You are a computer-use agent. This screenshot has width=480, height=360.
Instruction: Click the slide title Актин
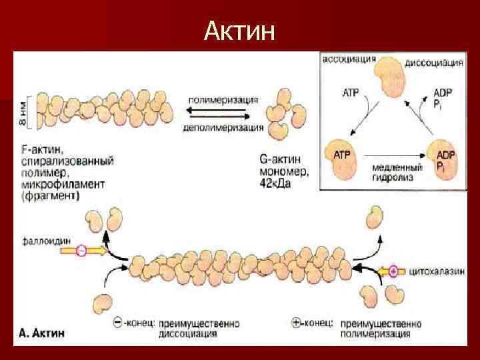coord(240,31)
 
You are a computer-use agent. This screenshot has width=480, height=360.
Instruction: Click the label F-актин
coord(41,151)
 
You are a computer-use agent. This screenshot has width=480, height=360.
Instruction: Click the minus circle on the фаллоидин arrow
coord(81,251)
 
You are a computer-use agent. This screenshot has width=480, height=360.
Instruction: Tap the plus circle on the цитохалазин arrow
coord(393,271)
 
